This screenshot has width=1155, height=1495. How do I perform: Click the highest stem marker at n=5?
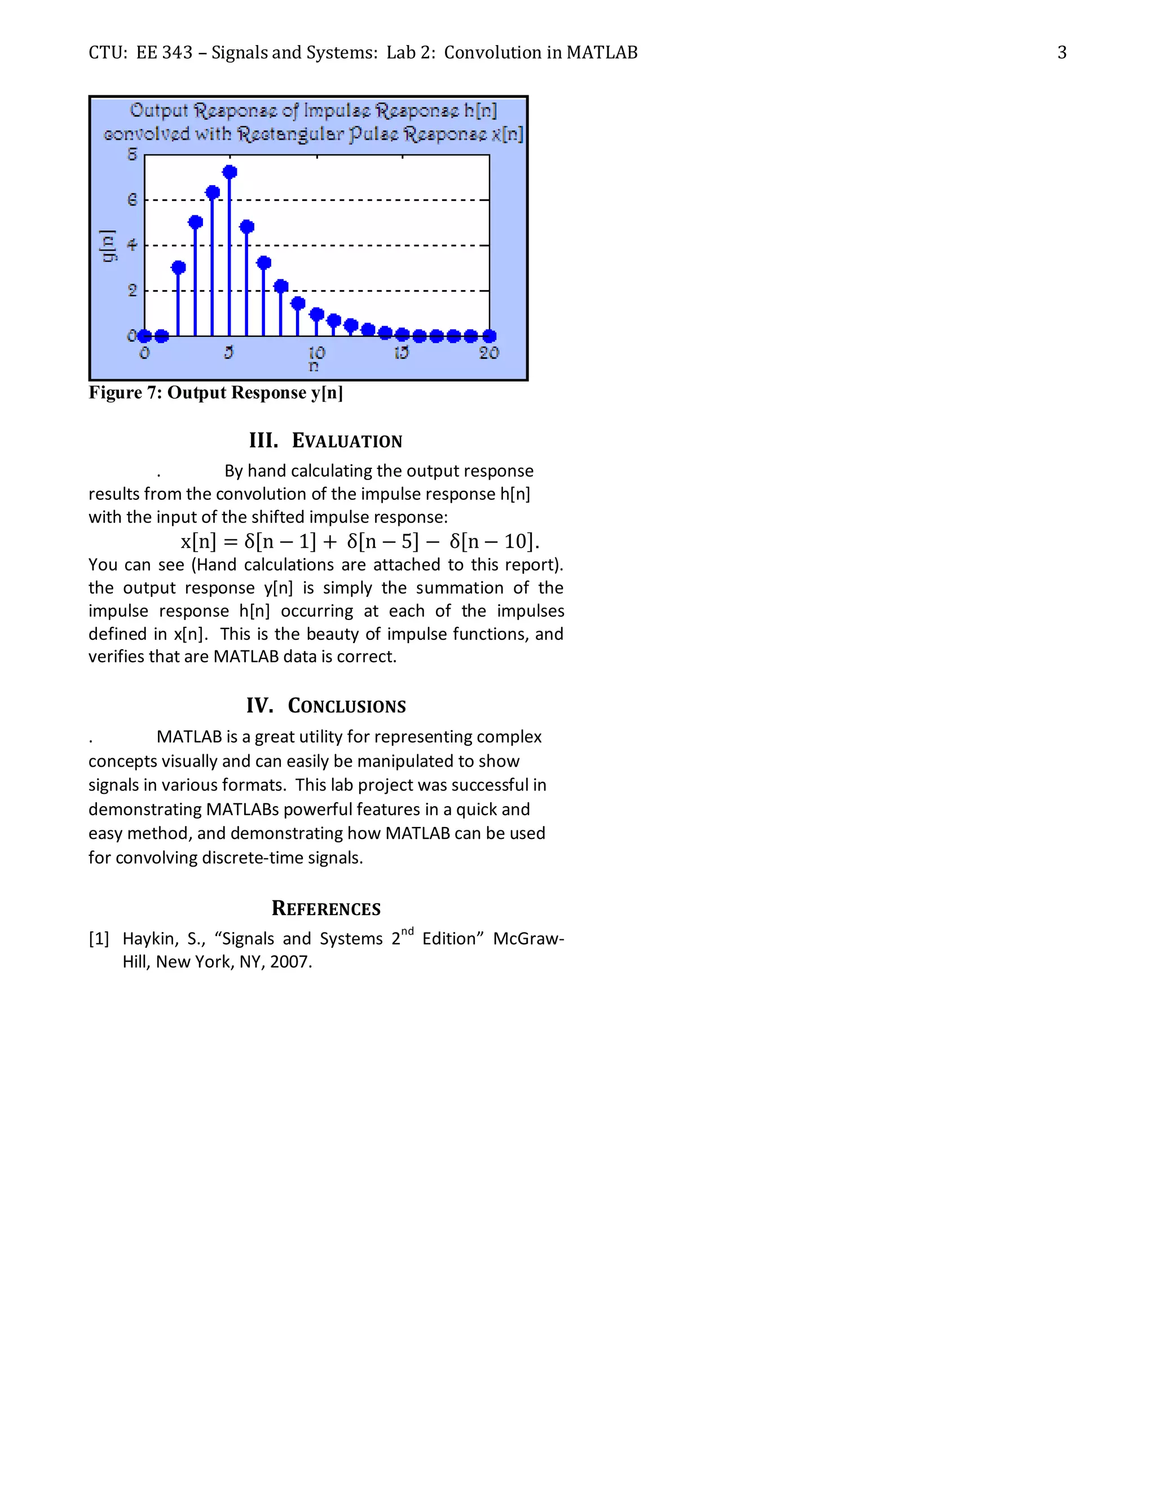[x=230, y=172]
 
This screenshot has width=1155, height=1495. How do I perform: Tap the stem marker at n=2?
[x=179, y=267]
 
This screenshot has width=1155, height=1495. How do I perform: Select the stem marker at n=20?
[x=489, y=336]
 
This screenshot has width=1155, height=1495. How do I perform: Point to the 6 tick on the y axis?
[x=133, y=200]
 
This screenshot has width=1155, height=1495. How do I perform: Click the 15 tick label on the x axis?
[x=401, y=353]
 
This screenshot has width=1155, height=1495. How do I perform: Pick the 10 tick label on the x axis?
[x=316, y=353]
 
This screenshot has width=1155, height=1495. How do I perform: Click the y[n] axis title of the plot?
[x=108, y=246]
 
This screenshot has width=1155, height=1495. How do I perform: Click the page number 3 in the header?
[x=1061, y=52]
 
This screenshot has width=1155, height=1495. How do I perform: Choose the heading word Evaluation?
[x=347, y=441]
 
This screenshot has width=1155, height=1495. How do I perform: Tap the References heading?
[x=326, y=908]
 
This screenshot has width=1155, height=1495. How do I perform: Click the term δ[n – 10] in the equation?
[x=491, y=542]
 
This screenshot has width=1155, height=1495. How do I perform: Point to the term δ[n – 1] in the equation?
[x=280, y=542]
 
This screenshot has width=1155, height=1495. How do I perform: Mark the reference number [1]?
[x=99, y=939]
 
